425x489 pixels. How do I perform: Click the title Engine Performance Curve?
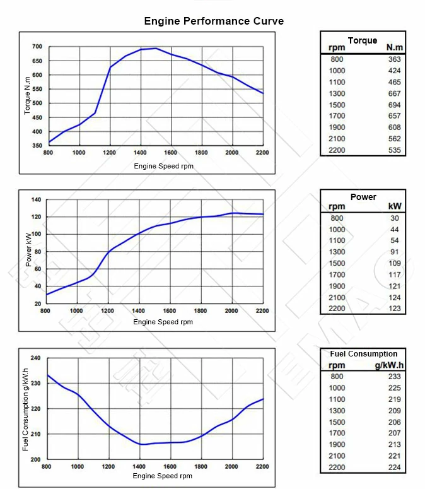pyautogui.click(x=214, y=21)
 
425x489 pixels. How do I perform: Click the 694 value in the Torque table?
pyautogui.click(x=394, y=105)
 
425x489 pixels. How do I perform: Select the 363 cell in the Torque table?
pyautogui.click(x=394, y=59)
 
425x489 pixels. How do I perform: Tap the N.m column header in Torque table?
pyautogui.click(x=395, y=48)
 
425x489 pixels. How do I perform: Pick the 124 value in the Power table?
pyautogui.click(x=394, y=298)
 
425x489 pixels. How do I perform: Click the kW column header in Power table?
pyautogui.click(x=395, y=206)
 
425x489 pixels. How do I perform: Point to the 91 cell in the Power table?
pyautogui.click(x=396, y=252)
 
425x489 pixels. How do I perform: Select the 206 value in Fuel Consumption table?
pyautogui.click(x=394, y=422)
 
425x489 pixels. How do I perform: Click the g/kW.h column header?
pyautogui.click(x=389, y=365)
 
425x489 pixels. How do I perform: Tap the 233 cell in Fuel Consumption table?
pyautogui.click(x=394, y=377)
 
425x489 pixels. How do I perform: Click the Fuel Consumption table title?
pyautogui.click(x=364, y=354)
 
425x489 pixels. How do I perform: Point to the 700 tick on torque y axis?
pyautogui.click(x=37, y=47)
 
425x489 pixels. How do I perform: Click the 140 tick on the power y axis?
pyautogui.click(x=36, y=200)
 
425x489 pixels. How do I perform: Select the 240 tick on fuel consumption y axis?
pyautogui.click(x=35, y=358)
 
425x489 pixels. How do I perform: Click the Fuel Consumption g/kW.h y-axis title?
pyautogui.click(x=26, y=409)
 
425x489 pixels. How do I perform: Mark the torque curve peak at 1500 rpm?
pyautogui.click(x=156, y=48)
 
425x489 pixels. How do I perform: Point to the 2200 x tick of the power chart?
pyautogui.click(x=262, y=310)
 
